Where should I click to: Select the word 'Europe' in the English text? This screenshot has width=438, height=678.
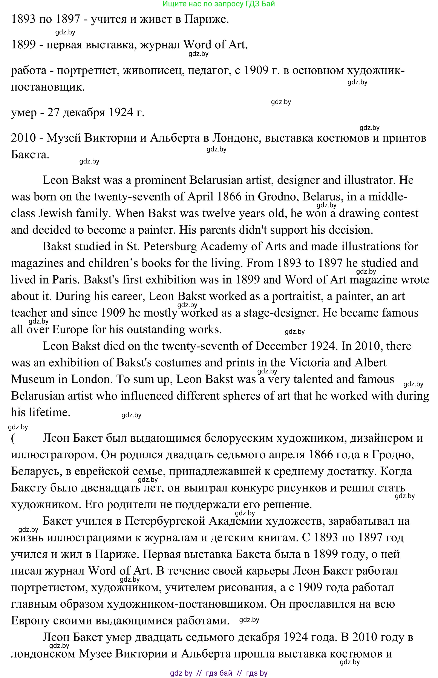[x=70, y=329]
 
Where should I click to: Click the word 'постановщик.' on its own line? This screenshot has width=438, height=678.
[x=48, y=87]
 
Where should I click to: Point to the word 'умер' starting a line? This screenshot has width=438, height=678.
[x=24, y=113]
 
